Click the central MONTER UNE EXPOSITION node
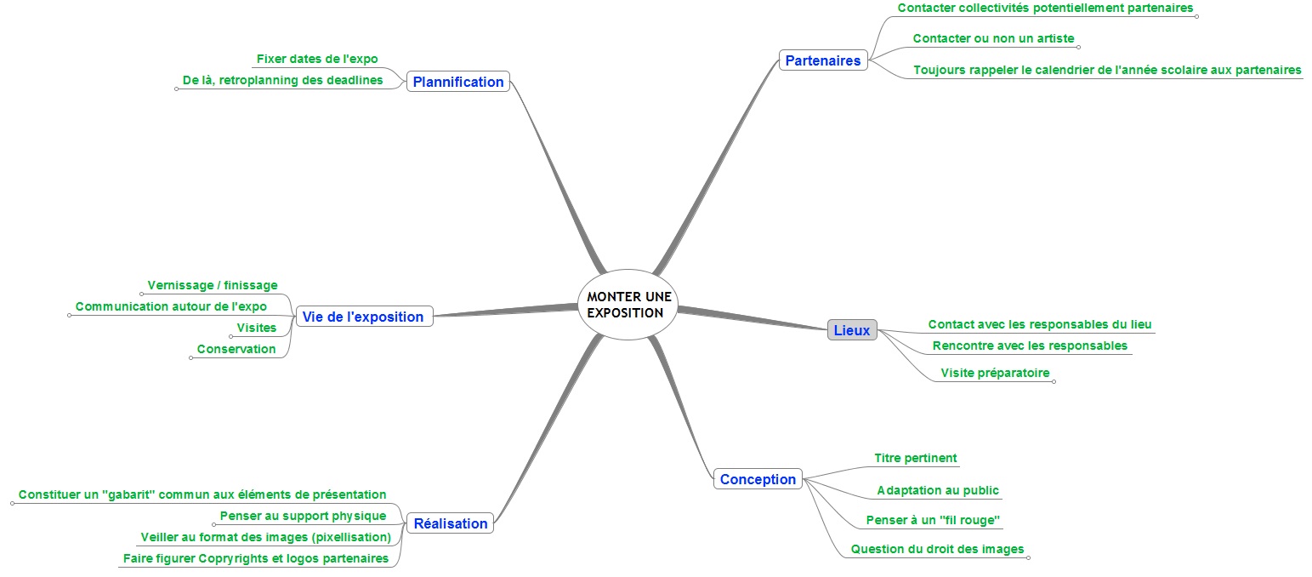pos(629,305)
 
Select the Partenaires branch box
pos(822,60)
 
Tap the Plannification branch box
pos(458,82)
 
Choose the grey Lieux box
pos(851,330)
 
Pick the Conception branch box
pos(758,479)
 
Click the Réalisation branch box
pos(451,523)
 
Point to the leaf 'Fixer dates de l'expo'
pos(317,60)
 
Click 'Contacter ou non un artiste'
pos(993,38)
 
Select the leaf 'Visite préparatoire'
pos(995,373)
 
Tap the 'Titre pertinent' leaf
pos(915,458)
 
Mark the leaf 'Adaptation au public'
pos(938,490)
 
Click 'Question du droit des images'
pos(937,549)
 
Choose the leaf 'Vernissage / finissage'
pos(213,285)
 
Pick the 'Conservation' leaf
pos(236,349)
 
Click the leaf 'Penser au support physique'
pos(303,516)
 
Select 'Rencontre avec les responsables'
pos(1030,346)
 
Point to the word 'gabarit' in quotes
pos(127,494)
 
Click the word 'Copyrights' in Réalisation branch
pos(233,558)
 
